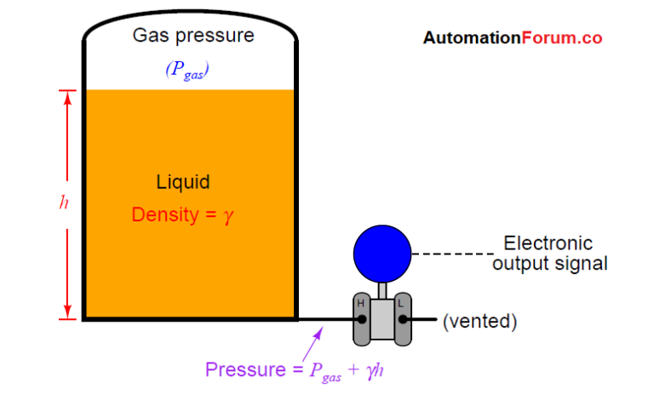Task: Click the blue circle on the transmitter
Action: [382, 252]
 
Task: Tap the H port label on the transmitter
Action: [360, 303]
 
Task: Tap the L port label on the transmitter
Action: [401, 303]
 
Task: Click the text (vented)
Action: [479, 321]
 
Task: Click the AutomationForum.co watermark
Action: [513, 38]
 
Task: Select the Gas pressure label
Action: [193, 36]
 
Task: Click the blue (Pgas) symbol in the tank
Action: [187, 71]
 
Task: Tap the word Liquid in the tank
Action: [183, 182]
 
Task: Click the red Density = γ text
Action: [182, 215]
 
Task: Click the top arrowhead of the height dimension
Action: [66, 95]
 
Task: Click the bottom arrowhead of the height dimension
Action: [66, 312]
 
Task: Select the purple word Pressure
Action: [242, 370]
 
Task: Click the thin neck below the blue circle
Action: [382, 289]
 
